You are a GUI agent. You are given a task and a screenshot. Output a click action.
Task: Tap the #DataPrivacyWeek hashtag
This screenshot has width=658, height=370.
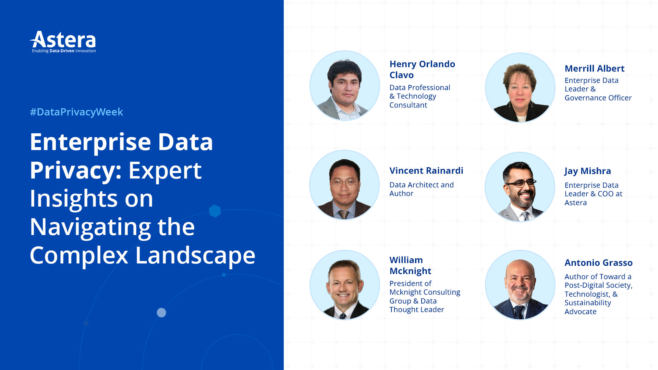click(76, 112)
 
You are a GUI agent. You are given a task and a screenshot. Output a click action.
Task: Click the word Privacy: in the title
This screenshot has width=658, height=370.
click(76, 170)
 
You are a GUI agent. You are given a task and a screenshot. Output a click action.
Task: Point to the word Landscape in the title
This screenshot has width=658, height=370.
click(195, 256)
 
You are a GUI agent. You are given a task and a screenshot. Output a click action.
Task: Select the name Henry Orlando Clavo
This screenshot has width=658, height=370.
click(422, 69)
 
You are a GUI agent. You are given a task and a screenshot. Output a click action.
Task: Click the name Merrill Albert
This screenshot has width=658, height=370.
click(594, 69)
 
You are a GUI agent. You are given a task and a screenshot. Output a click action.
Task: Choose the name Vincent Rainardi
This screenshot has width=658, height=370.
click(426, 171)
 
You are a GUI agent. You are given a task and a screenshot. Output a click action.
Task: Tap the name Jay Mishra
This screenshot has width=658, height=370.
click(587, 171)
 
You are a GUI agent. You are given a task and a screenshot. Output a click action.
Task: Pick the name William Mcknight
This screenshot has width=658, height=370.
click(410, 265)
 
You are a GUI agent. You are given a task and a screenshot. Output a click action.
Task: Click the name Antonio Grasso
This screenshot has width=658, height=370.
click(598, 263)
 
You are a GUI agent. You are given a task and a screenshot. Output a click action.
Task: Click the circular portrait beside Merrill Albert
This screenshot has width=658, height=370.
click(520, 88)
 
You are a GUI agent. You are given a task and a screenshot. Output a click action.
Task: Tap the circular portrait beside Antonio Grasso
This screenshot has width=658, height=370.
click(520, 285)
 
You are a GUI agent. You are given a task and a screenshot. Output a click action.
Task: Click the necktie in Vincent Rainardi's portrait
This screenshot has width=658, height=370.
click(343, 214)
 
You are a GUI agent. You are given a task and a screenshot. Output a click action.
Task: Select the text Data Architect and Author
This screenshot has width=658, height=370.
click(421, 189)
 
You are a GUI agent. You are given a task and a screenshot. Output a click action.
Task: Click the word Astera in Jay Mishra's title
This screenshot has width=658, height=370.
click(575, 203)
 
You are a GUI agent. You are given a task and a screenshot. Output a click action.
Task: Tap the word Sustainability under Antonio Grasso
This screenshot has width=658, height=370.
click(587, 303)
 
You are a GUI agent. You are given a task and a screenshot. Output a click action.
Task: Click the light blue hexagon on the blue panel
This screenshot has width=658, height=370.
click(215, 211)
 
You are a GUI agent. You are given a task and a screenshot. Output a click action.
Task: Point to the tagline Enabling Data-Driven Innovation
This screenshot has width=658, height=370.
click(64, 51)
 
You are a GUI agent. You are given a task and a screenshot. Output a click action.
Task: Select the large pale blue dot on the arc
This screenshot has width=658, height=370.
click(161, 312)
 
